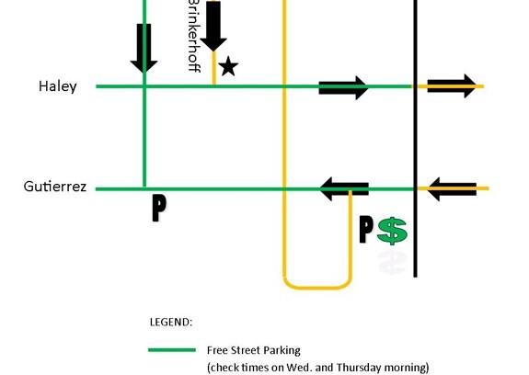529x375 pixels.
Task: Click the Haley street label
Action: tap(58, 86)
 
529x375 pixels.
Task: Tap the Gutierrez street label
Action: tap(55, 187)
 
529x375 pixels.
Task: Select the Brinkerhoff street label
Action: tap(194, 36)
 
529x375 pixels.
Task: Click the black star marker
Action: tap(228, 66)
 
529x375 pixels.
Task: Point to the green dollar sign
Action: tap(392, 231)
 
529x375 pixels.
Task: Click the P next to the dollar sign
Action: tap(366, 230)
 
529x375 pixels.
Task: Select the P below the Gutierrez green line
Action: tap(159, 208)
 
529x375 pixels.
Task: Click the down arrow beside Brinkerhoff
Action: tap(213, 27)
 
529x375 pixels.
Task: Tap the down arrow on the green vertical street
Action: tap(144, 48)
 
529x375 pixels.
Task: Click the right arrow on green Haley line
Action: tap(343, 87)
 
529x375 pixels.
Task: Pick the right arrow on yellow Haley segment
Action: tap(452, 86)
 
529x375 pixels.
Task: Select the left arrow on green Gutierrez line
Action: tap(344, 189)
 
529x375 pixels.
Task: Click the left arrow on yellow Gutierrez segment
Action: tap(452, 189)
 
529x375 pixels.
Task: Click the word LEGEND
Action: tap(171, 322)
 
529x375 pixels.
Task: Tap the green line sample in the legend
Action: tap(172, 350)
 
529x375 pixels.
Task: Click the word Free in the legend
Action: tap(217, 350)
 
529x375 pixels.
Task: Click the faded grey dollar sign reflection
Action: tap(392, 262)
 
